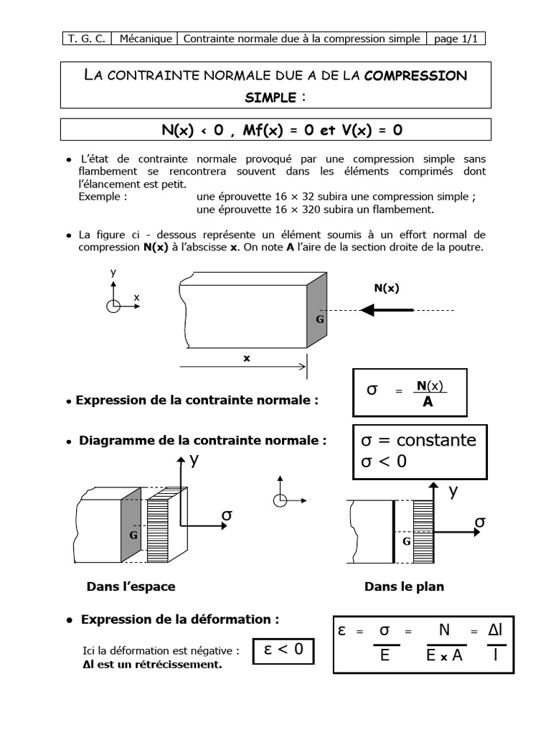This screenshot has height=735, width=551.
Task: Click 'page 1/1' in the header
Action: (456, 39)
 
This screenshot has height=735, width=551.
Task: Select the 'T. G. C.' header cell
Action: (87, 39)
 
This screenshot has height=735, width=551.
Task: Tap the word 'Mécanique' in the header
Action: (146, 39)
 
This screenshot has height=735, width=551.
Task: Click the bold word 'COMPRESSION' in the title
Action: (415, 75)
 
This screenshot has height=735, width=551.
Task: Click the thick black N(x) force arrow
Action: (387, 310)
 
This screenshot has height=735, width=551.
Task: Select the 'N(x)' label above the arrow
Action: (386, 288)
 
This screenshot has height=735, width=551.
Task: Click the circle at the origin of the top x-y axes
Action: (113, 306)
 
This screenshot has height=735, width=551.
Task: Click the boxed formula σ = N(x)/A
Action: (409, 392)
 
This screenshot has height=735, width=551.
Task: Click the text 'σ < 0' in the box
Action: (384, 462)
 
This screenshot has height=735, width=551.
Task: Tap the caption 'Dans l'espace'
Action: (131, 586)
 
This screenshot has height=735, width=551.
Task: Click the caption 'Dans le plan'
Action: (404, 586)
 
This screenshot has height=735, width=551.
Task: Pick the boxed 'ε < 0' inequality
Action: (283, 650)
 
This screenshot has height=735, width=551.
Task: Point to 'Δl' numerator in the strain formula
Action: (494, 630)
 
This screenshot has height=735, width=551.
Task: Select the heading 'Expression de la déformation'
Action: (179, 619)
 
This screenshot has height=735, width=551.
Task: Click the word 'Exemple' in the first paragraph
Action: (103, 197)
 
